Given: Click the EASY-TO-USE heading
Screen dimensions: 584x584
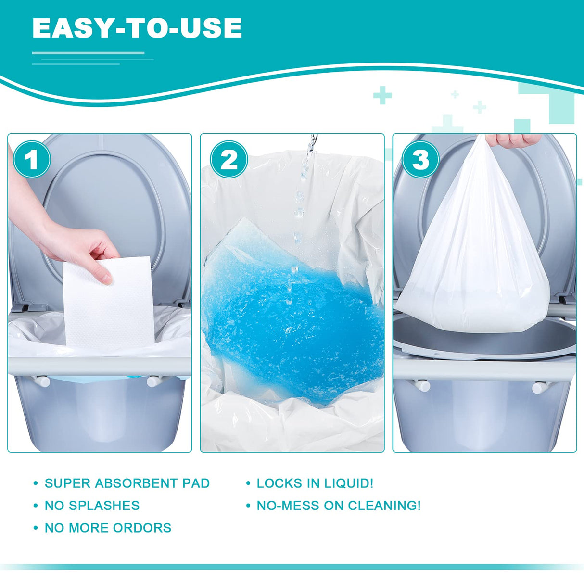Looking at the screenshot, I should [137, 28].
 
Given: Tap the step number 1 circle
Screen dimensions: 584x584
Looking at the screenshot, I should [32, 159].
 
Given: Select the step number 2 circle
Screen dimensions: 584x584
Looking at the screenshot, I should [229, 159].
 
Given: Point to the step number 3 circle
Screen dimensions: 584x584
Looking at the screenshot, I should [421, 159].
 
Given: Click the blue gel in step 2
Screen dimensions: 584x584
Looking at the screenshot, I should [289, 327].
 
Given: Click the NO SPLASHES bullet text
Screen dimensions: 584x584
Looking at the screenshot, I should [92, 506].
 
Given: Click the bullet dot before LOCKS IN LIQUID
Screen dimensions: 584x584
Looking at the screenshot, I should [248, 483].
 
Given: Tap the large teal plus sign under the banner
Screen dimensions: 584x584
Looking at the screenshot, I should [382, 95].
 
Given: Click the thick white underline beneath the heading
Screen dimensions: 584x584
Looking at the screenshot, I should [88, 53].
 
